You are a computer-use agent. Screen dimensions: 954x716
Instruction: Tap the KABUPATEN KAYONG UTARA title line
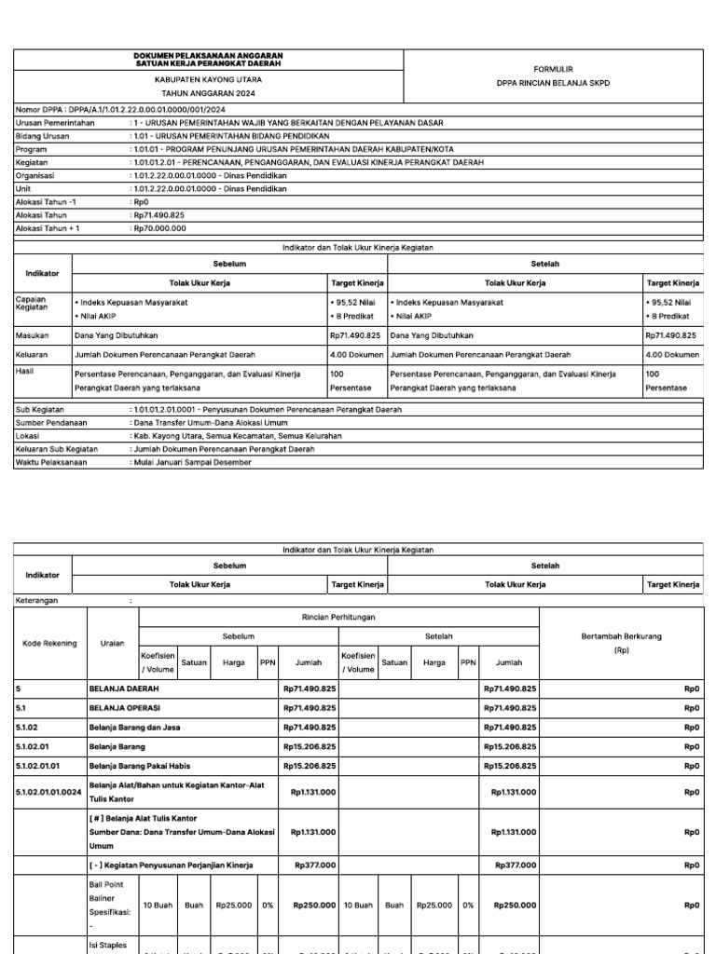[208, 81]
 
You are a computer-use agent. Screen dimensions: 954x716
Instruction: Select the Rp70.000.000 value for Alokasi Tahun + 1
[160, 227]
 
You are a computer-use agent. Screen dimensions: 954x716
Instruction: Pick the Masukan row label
[32, 334]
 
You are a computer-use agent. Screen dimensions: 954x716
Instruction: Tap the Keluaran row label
[33, 355]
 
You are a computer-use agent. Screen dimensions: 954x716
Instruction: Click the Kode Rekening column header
[49, 643]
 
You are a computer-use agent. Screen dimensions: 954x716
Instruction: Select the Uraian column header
[112, 643]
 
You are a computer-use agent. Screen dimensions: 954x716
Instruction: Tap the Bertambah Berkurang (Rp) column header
[622, 643]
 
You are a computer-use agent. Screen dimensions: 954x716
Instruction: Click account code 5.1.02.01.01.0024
[48, 792]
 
